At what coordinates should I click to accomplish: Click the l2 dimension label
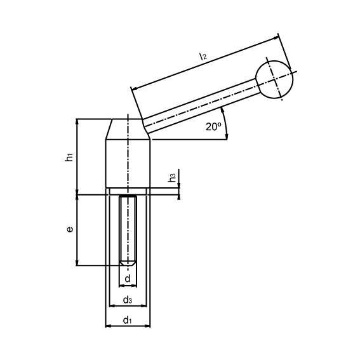pos(203,57)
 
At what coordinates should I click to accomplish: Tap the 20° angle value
pos(213,126)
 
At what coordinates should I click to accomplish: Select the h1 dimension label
pos(70,156)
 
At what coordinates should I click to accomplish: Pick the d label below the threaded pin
pos(128,279)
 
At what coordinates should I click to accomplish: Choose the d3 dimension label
pos(127,300)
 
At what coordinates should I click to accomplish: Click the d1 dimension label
pos(127,321)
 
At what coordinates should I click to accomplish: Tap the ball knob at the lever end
pos(276,79)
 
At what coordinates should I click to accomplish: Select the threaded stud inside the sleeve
pos(129,229)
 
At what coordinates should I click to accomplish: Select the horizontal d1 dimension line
pos(127,326)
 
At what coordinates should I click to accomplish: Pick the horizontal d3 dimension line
pos(127,305)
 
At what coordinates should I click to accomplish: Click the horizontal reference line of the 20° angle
pos(190,139)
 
